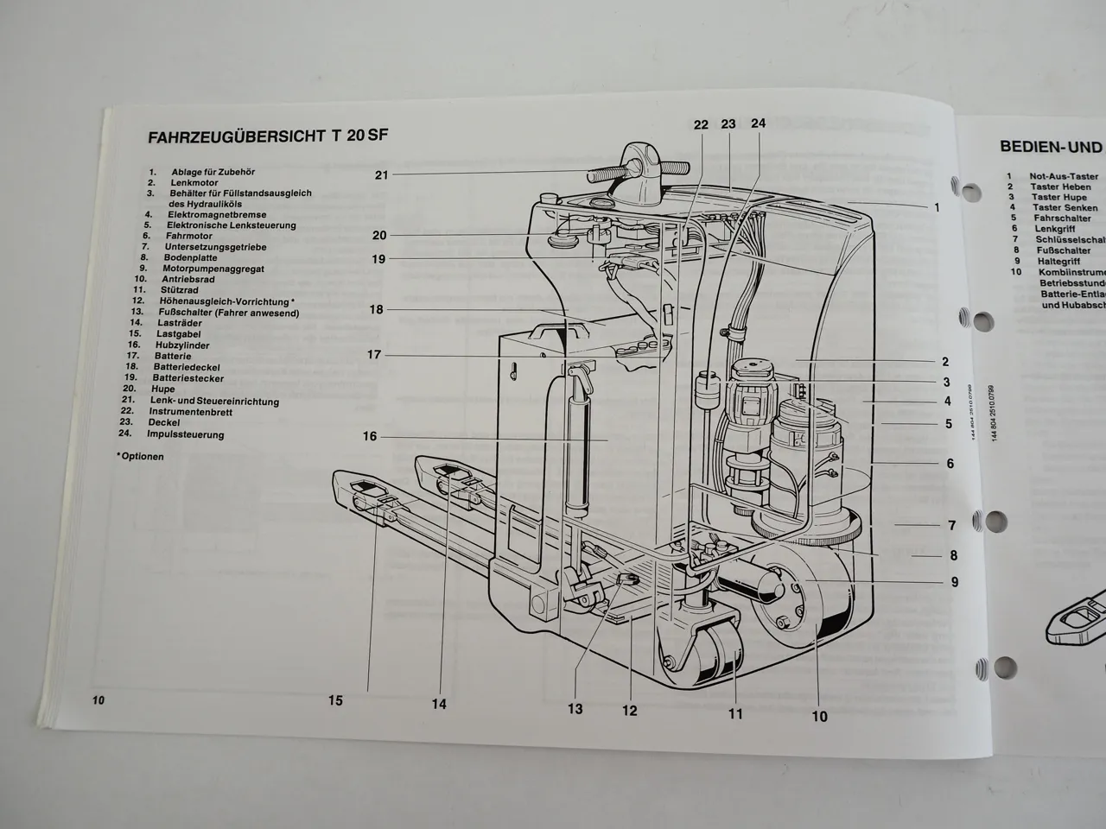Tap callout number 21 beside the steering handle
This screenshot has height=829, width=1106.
[382, 175]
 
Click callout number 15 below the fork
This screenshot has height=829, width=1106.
[335, 701]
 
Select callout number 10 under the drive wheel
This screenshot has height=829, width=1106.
[819, 716]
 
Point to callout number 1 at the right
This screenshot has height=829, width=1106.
[936, 207]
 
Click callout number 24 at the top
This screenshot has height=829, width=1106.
[758, 123]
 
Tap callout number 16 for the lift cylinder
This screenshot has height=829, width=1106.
[370, 437]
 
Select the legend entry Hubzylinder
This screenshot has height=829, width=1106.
[182, 345]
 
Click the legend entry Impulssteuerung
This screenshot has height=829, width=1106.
[185, 434]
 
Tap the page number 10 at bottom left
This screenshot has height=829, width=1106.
[98, 700]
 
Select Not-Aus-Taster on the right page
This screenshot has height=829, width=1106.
[1064, 176]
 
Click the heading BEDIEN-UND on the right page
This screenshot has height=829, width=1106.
[1051, 147]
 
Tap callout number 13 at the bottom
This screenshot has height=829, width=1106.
[575, 709]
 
